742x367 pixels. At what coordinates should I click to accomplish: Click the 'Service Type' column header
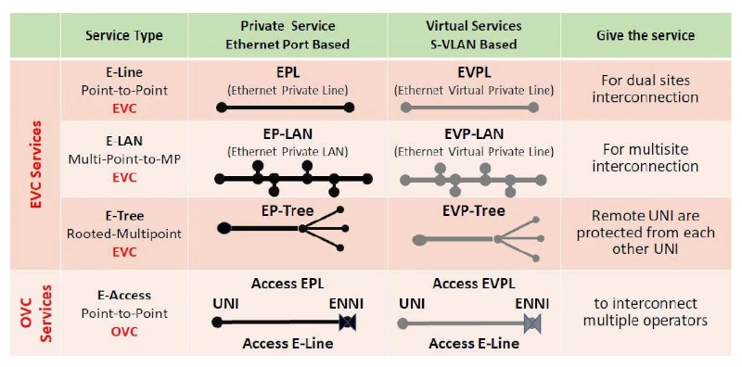click(124, 36)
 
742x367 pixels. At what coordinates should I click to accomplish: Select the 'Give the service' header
click(646, 36)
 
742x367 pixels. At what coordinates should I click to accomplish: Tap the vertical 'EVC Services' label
click(36, 164)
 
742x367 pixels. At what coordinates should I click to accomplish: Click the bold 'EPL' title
click(286, 73)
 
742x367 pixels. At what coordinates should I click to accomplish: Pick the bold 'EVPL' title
click(474, 73)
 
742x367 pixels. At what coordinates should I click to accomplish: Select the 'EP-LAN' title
click(287, 133)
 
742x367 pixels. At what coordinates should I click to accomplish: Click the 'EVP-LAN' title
click(474, 133)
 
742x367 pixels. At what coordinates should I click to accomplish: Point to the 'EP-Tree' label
click(287, 210)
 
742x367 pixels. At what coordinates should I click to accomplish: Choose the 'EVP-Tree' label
click(474, 210)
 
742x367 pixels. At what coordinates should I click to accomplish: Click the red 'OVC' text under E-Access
click(124, 331)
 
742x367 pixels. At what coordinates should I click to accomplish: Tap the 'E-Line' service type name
click(124, 71)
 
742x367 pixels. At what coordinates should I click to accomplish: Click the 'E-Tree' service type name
click(124, 216)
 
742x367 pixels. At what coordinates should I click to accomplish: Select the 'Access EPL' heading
click(288, 284)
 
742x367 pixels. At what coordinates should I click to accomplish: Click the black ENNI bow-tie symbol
click(348, 323)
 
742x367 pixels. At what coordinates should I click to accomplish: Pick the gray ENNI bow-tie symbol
click(532, 323)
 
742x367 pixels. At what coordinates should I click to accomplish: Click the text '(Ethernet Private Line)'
click(287, 90)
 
